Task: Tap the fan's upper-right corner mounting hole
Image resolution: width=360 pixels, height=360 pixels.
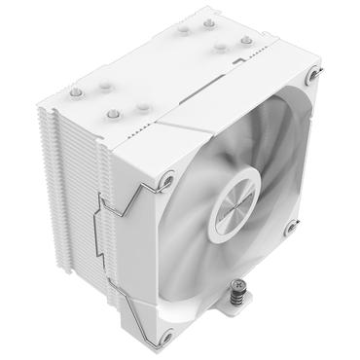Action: (310, 75)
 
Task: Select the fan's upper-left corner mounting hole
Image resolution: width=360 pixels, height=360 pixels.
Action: (167, 179)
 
